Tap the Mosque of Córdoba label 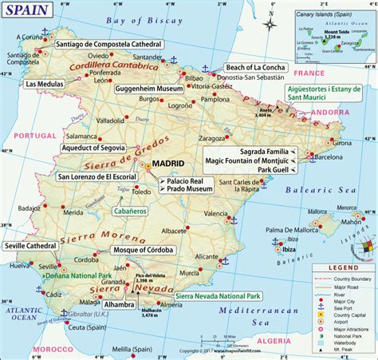coord(140,250)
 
